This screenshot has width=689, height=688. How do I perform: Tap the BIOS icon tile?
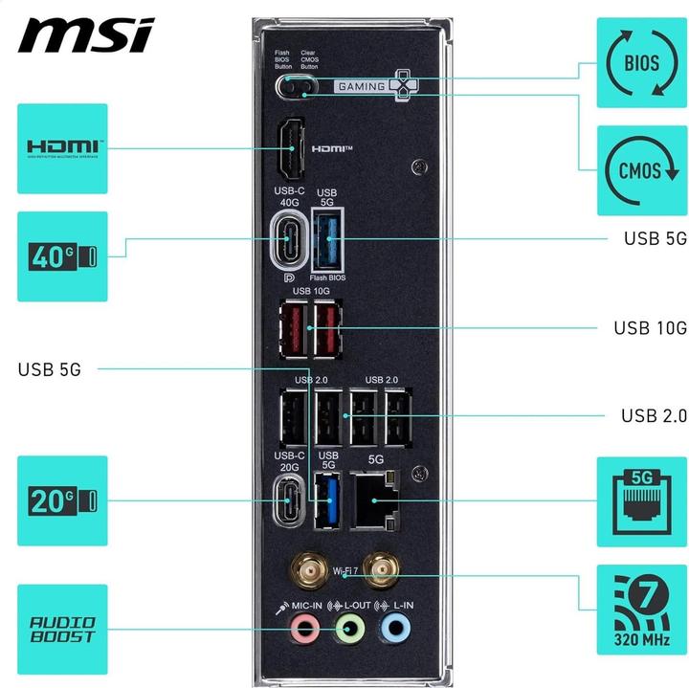point(641,63)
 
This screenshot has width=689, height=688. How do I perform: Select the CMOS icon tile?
point(641,170)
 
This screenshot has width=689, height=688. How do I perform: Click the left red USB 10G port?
point(291,328)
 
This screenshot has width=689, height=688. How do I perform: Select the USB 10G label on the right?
point(650,328)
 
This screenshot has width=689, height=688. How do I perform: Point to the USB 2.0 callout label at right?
point(654,415)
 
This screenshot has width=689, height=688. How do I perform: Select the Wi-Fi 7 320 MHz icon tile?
point(641,610)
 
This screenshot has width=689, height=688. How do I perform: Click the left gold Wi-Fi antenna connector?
point(304,573)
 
